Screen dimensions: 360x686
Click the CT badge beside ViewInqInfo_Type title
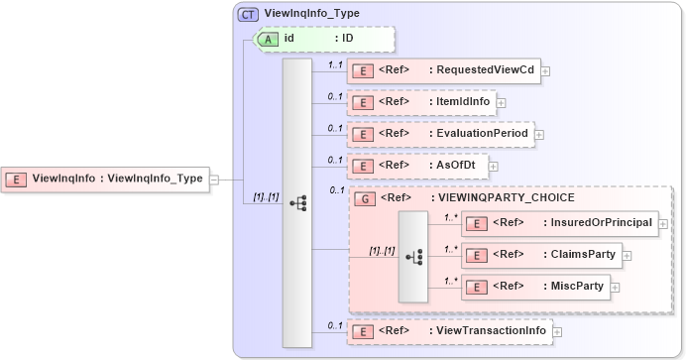pyautogui.click(x=248, y=14)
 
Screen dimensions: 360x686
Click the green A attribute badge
pyautogui.click(x=269, y=39)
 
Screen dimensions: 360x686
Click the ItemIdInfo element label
pyautogui.click(x=464, y=102)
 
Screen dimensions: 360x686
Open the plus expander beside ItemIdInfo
pyautogui.click(x=501, y=102)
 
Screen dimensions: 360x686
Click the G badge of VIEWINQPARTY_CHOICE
pyautogui.click(x=364, y=198)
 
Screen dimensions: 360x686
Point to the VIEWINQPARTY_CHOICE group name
pyautogui.click(x=501, y=198)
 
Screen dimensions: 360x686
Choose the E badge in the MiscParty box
pyautogui.click(x=476, y=287)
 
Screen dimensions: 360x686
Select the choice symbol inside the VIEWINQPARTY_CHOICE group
pyautogui.click(x=414, y=256)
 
